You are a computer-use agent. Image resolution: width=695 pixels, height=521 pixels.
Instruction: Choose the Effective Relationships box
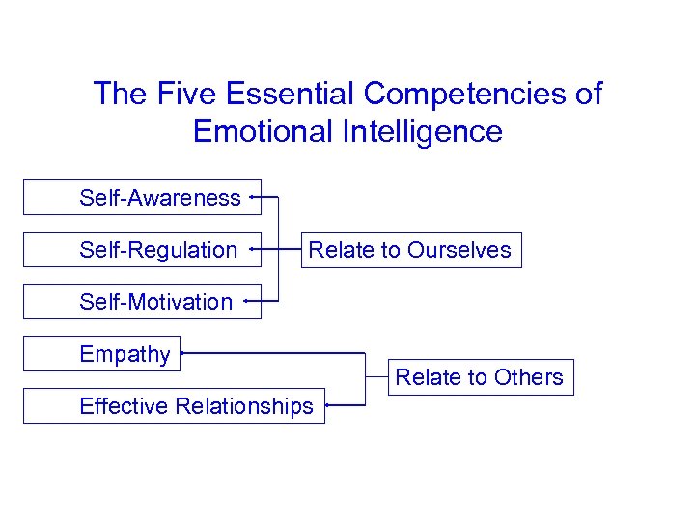coord(174,405)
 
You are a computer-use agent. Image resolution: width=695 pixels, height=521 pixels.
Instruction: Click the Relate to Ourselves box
coord(409,249)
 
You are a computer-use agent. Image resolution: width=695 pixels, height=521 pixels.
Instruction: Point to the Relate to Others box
coord(479,376)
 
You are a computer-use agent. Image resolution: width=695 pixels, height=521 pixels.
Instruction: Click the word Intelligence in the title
coord(421,130)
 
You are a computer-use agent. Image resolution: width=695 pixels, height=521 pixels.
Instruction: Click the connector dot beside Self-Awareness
coord(251,197)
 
